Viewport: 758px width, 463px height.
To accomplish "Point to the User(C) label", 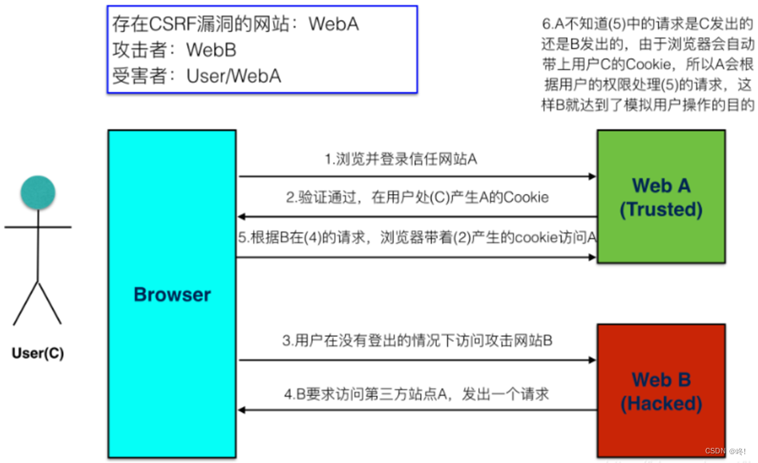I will (x=38, y=352).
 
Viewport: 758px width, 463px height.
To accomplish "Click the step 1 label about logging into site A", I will (x=400, y=159).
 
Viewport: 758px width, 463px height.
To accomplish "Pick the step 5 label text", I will (x=417, y=238).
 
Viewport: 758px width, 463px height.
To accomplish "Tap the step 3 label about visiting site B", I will (x=417, y=341).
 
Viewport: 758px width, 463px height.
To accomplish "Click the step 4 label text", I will (x=417, y=394).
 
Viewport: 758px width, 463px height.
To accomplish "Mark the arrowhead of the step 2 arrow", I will (x=242, y=217).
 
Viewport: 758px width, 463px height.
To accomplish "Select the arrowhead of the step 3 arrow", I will (x=593, y=360).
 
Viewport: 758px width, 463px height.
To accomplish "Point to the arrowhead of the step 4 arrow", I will (x=242, y=411).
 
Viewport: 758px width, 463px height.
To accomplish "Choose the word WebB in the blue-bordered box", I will (x=211, y=50).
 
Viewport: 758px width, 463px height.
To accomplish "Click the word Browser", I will (x=172, y=295).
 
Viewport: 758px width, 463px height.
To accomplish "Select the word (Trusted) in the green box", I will (x=661, y=209).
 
